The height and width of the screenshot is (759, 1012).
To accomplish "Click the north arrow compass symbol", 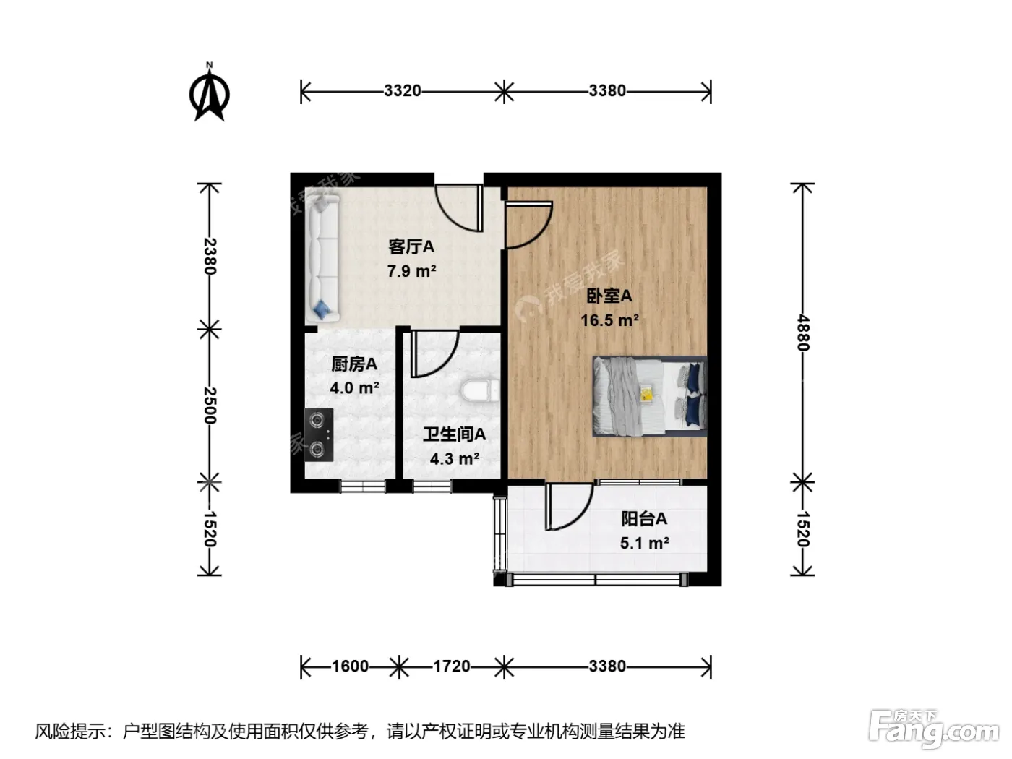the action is coord(210,93).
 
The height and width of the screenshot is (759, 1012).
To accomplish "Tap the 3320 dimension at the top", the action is coord(403,91).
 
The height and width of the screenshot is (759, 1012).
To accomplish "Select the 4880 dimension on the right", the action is coord(802,333).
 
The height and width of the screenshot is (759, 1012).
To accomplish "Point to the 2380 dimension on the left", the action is coord(210,256).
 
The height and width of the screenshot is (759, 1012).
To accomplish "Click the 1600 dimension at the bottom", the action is coord(350,666).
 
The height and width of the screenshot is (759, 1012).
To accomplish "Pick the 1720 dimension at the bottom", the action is coord(451,666).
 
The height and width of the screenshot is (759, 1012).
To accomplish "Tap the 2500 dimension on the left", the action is coord(210,405).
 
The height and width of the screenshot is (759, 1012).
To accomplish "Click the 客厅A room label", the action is coord(411,247).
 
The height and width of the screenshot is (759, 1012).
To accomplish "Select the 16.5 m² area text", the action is coord(609,320).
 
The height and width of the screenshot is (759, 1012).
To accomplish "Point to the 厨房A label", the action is coord(354,364).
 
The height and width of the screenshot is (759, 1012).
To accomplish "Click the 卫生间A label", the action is coord(455,434).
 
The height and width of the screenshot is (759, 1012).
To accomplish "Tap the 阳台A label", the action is coord(644,519).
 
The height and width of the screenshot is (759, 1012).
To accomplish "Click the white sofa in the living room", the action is coord(322,257).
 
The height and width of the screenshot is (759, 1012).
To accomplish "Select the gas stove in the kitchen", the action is coord(319,435).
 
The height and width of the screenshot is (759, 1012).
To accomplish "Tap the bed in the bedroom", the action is coord(650,397).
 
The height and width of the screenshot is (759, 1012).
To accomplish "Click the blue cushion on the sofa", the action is coord(322,309).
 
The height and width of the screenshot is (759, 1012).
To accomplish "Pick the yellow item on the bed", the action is coord(646,394).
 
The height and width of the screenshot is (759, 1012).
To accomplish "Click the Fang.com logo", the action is coord(933,729).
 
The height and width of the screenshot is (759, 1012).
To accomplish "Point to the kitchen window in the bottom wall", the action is coord(363,486).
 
